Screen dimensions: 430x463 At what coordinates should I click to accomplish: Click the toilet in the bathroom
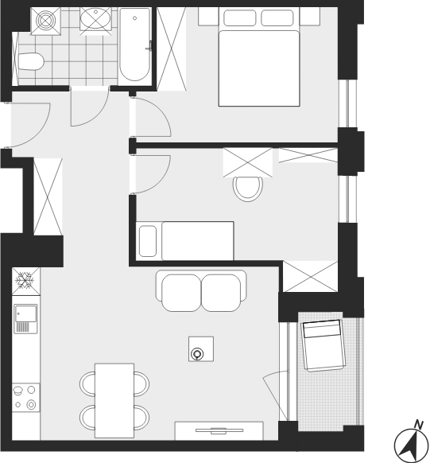coord(31,62)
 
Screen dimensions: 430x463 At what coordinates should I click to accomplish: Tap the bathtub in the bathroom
coord(134,45)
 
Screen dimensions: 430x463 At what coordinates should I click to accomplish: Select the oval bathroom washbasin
coord(95,18)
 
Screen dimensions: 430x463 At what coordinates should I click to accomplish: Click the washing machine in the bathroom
coord(46,21)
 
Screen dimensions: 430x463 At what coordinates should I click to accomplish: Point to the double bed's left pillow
coord(239,18)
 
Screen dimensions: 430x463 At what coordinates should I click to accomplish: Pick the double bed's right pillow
coord(277,18)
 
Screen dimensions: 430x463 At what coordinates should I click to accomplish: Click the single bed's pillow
coord(148,241)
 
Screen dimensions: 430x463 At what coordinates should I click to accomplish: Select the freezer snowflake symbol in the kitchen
coord(25,281)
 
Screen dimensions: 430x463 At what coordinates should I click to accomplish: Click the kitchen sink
coord(26,319)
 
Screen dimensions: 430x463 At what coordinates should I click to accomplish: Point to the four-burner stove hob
coord(26,398)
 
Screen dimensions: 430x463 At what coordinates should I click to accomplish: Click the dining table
coord(114,401)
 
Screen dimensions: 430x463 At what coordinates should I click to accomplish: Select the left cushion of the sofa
coord(181,293)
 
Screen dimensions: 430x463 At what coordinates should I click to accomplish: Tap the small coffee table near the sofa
coord(201,348)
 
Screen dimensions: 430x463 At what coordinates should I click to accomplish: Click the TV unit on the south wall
coord(219,431)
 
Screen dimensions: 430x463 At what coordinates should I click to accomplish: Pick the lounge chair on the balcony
coord(323,345)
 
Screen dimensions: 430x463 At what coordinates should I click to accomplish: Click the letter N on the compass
coord(418,425)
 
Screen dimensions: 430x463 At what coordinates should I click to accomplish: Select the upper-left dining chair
coord(87,384)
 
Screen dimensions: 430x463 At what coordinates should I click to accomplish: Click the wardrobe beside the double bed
coord(171,49)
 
